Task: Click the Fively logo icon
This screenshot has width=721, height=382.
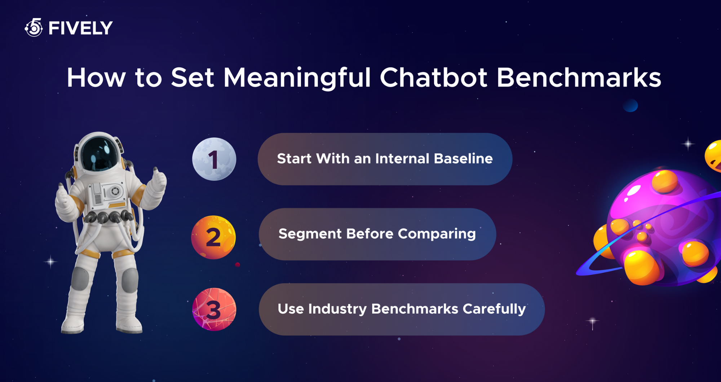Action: click(x=34, y=27)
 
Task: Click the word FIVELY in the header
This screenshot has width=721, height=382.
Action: click(x=81, y=28)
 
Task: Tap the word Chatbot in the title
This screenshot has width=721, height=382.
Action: click(x=434, y=78)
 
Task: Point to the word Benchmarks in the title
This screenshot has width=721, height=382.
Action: click(x=579, y=78)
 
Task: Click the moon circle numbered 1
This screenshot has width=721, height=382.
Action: click(x=214, y=159)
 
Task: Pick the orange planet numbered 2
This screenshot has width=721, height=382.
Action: click(x=213, y=237)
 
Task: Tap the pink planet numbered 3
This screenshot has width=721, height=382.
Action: click(x=214, y=309)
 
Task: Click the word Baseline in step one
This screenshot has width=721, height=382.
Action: click(x=463, y=159)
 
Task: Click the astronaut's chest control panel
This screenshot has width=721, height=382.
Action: click(x=107, y=194)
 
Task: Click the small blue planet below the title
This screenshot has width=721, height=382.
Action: click(x=631, y=106)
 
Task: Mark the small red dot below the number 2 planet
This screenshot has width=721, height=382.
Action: click(x=238, y=265)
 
